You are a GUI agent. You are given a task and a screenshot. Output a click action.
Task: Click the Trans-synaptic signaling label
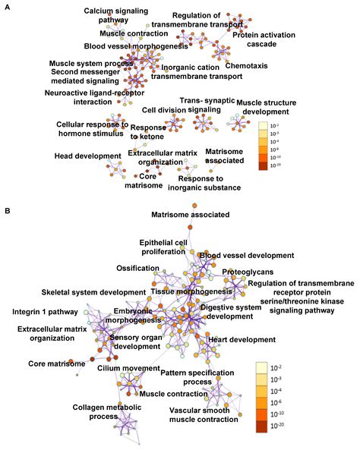click(x=204, y=105)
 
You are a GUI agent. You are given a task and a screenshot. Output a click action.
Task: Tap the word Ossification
click(x=137, y=269)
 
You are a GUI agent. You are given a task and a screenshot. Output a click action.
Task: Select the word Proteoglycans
click(x=248, y=271)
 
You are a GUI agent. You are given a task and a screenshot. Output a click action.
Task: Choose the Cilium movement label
click(x=128, y=368)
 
